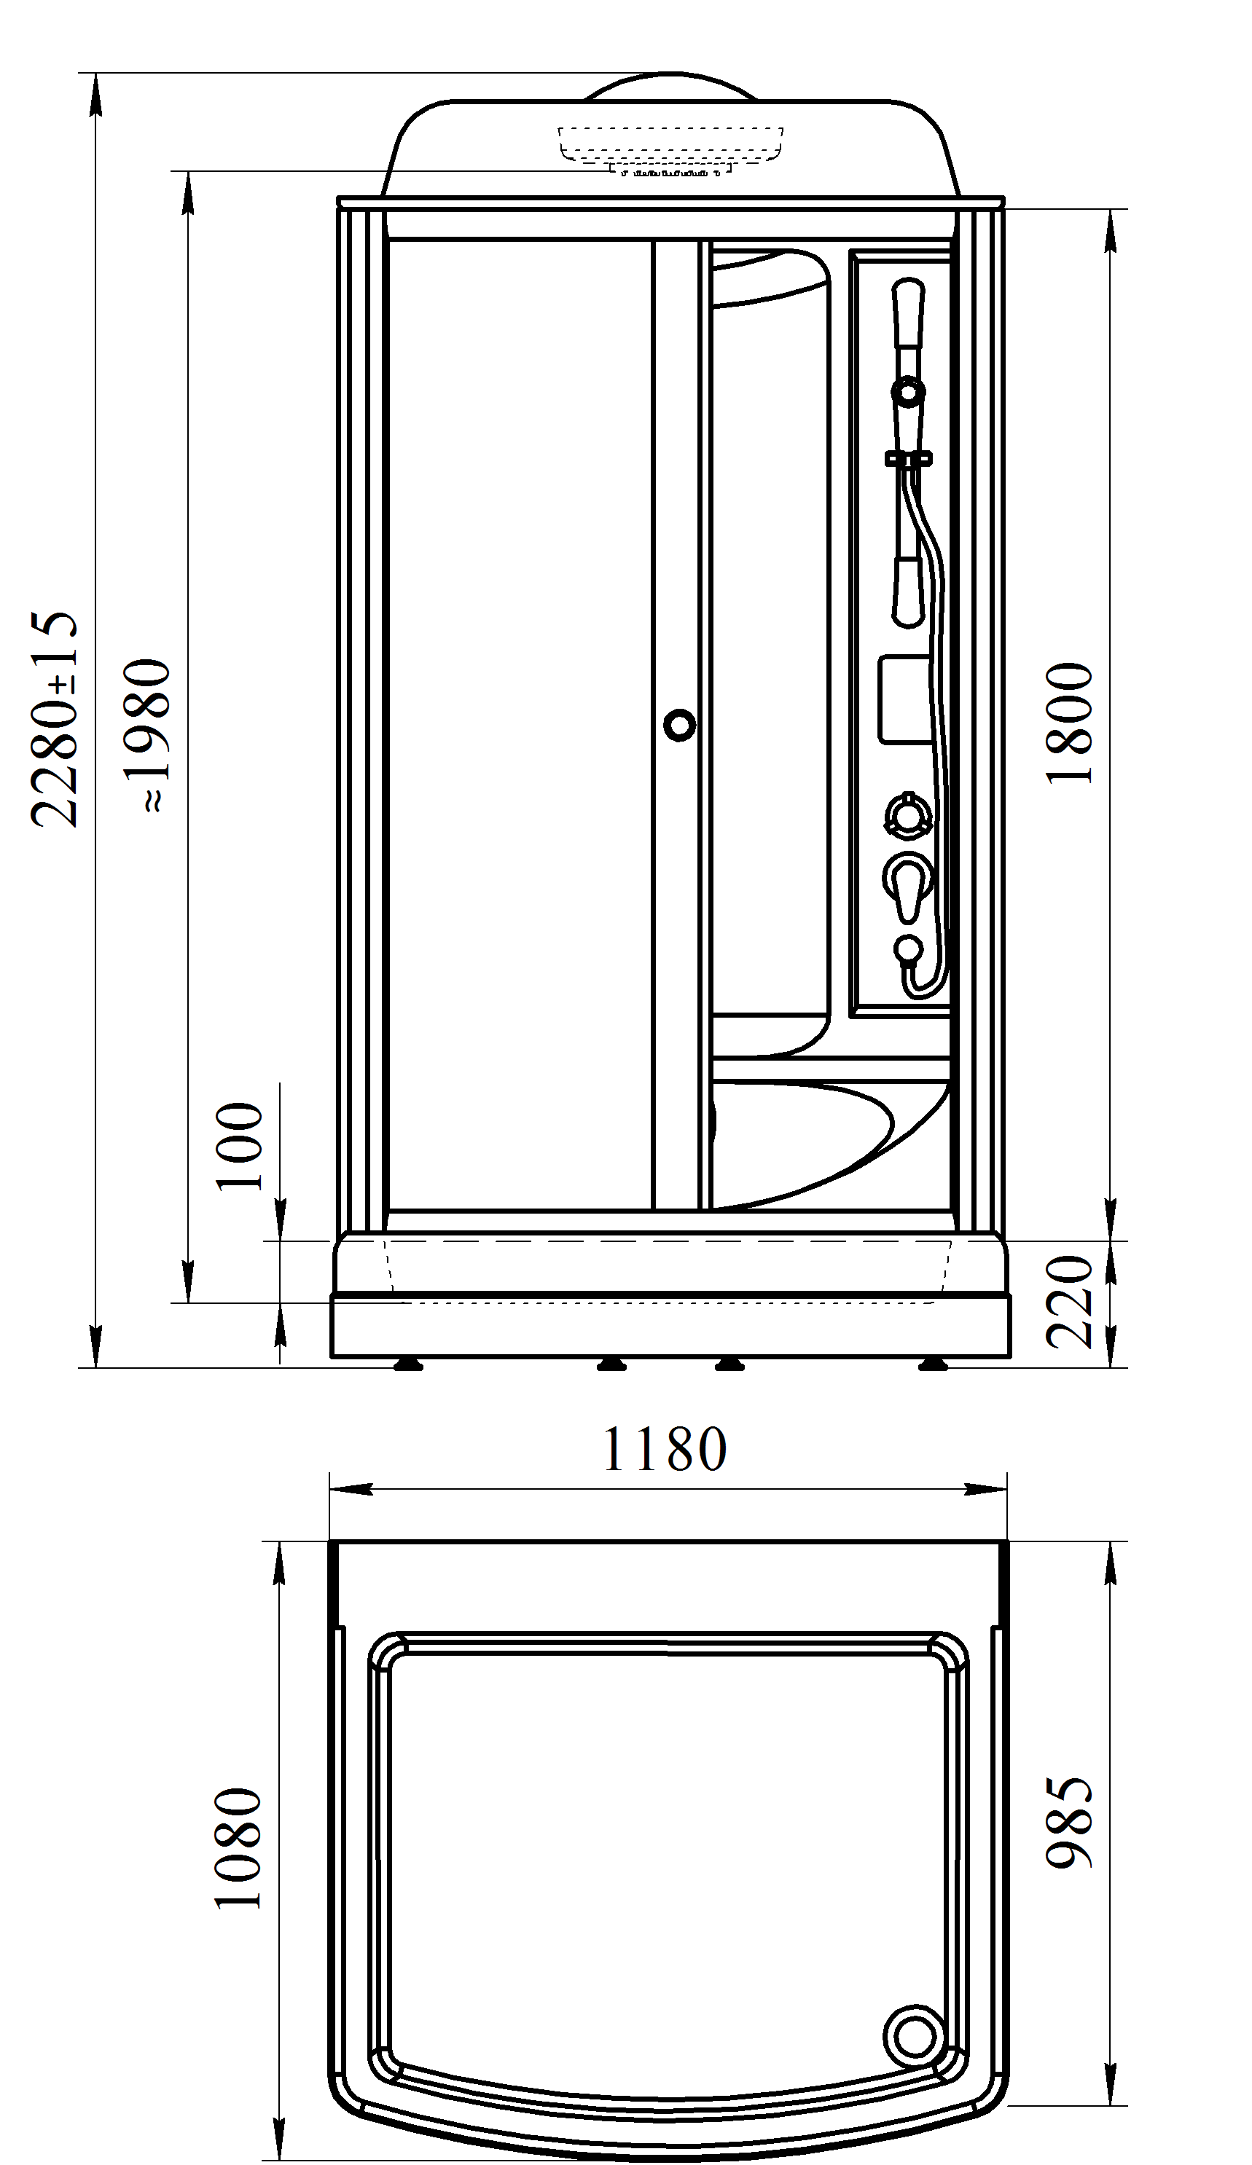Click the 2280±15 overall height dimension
tap(55, 719)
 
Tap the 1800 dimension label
tap(1069, 723)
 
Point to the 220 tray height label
tap(1069, 1302)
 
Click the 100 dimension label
tap(238, 1146)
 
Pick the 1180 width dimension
tap(664, 1450)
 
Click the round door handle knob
tap(680, 725)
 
